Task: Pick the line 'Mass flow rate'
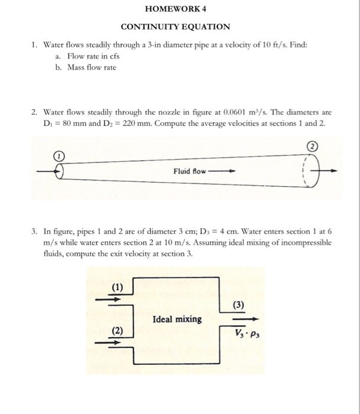click(92, 67)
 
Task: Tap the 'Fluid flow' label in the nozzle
click(190, 171)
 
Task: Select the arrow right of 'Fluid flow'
click(223, 172)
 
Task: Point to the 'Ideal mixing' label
click(177, 319)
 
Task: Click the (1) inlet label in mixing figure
click(118, 288)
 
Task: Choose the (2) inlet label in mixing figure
click(118, 331)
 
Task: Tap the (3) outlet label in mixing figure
click(238, 305)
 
